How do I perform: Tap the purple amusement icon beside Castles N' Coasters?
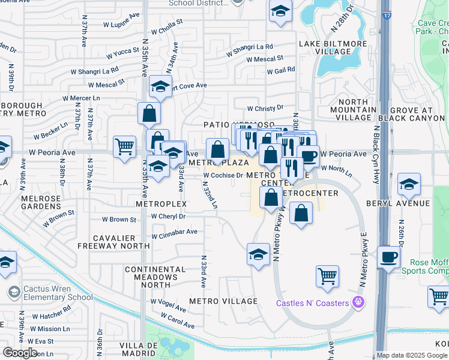pos(359,302)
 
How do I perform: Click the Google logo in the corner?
pos(20,353)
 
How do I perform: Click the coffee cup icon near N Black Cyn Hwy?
pos(388,257)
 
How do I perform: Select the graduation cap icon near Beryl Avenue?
pos(409,184)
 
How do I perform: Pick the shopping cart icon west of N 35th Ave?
pos(124,146)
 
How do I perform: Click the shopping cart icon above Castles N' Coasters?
pos(327,276)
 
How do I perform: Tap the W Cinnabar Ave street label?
pos(174,232)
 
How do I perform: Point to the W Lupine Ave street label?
pos(122,25)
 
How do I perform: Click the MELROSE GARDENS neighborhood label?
pos(42,202)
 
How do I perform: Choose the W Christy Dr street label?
pos(265,108)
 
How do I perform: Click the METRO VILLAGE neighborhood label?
pos(223,301)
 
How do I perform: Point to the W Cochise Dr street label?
pos(222,176)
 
